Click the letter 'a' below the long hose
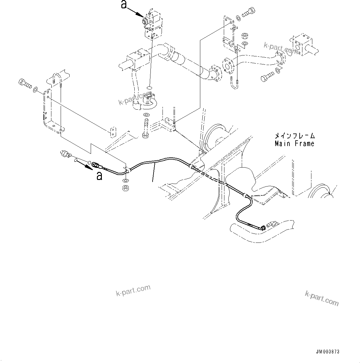99,176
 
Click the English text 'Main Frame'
294,143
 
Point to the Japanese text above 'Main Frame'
294,136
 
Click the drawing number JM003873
327,352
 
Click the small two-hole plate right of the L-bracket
113,131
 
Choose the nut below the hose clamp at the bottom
126,188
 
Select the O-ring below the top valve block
150,88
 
